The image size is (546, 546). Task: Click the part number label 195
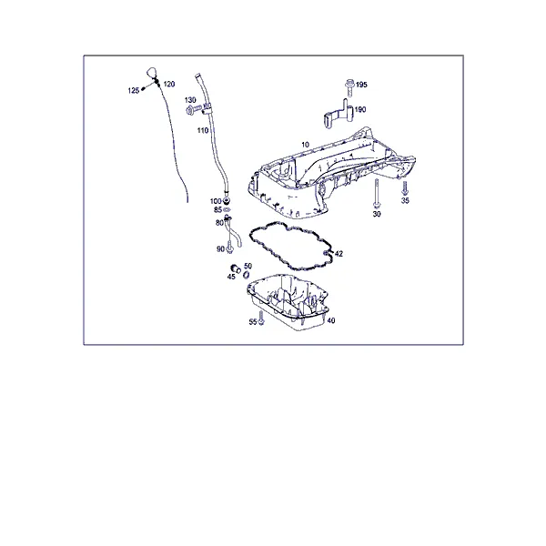click(361, 85)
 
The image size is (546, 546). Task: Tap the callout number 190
click(360, 110)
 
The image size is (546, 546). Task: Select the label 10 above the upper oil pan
click(305, 145)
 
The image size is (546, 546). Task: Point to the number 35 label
click(405, 200)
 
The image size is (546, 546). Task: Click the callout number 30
click(377, 214)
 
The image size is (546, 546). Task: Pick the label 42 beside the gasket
click(339, 254)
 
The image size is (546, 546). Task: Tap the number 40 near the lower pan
click(331, 320)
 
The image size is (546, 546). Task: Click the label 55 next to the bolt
click(253, 322)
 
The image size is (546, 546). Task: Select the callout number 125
click(134, 90)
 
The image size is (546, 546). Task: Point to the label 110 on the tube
click(203, 130)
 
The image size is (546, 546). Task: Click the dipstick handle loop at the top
click(151, 73)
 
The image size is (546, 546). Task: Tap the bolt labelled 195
click(349, 88)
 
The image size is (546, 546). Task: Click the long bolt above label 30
click(377, 194)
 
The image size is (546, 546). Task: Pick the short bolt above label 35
click(404, 188)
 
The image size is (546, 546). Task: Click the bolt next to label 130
click(195, 110)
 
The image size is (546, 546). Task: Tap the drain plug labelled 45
click(236, 268)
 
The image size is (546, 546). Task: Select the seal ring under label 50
click(247, 275)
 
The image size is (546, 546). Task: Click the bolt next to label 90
click(229, 247)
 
